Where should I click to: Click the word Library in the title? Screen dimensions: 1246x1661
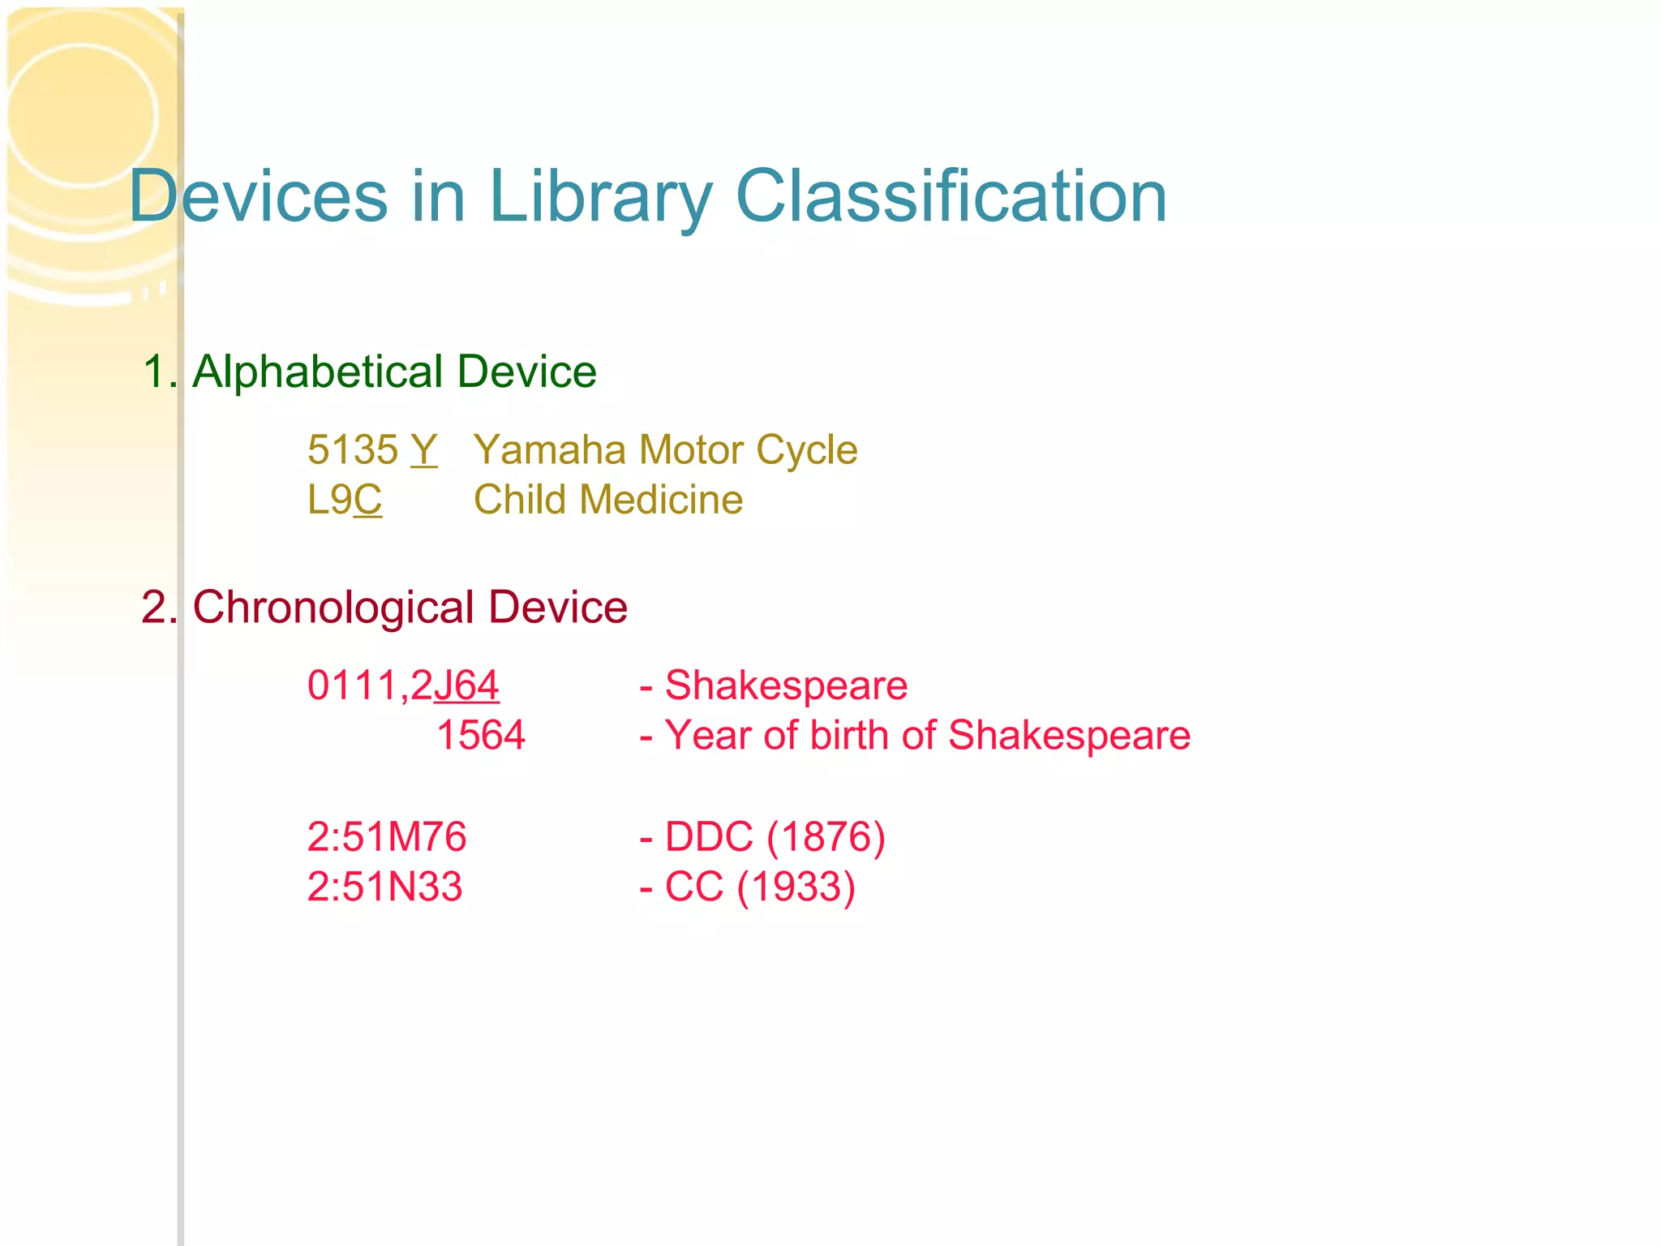click(x=600, y=197)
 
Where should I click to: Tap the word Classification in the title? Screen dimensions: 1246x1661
click(x=951, y=197)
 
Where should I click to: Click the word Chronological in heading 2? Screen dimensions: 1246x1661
click(x=333, y=607)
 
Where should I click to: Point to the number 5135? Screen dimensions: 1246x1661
click(x=353, y=449)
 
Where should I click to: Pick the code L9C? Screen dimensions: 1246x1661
click(x=345, y=500)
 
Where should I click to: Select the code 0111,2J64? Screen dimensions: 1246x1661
click(x=403, y=685)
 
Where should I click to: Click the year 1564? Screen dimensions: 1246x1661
click(x=481, y=736)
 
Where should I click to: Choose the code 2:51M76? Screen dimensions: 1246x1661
click(x=387, y=836)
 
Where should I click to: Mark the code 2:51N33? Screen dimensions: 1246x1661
click(x=384, y=887)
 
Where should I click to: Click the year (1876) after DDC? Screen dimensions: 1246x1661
click(x=826, y=836)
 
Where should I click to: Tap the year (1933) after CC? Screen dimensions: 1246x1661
click(x=796, y=887)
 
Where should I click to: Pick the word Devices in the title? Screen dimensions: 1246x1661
click(x=259, y=197)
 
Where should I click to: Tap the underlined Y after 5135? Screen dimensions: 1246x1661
click(x=423, y=449)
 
